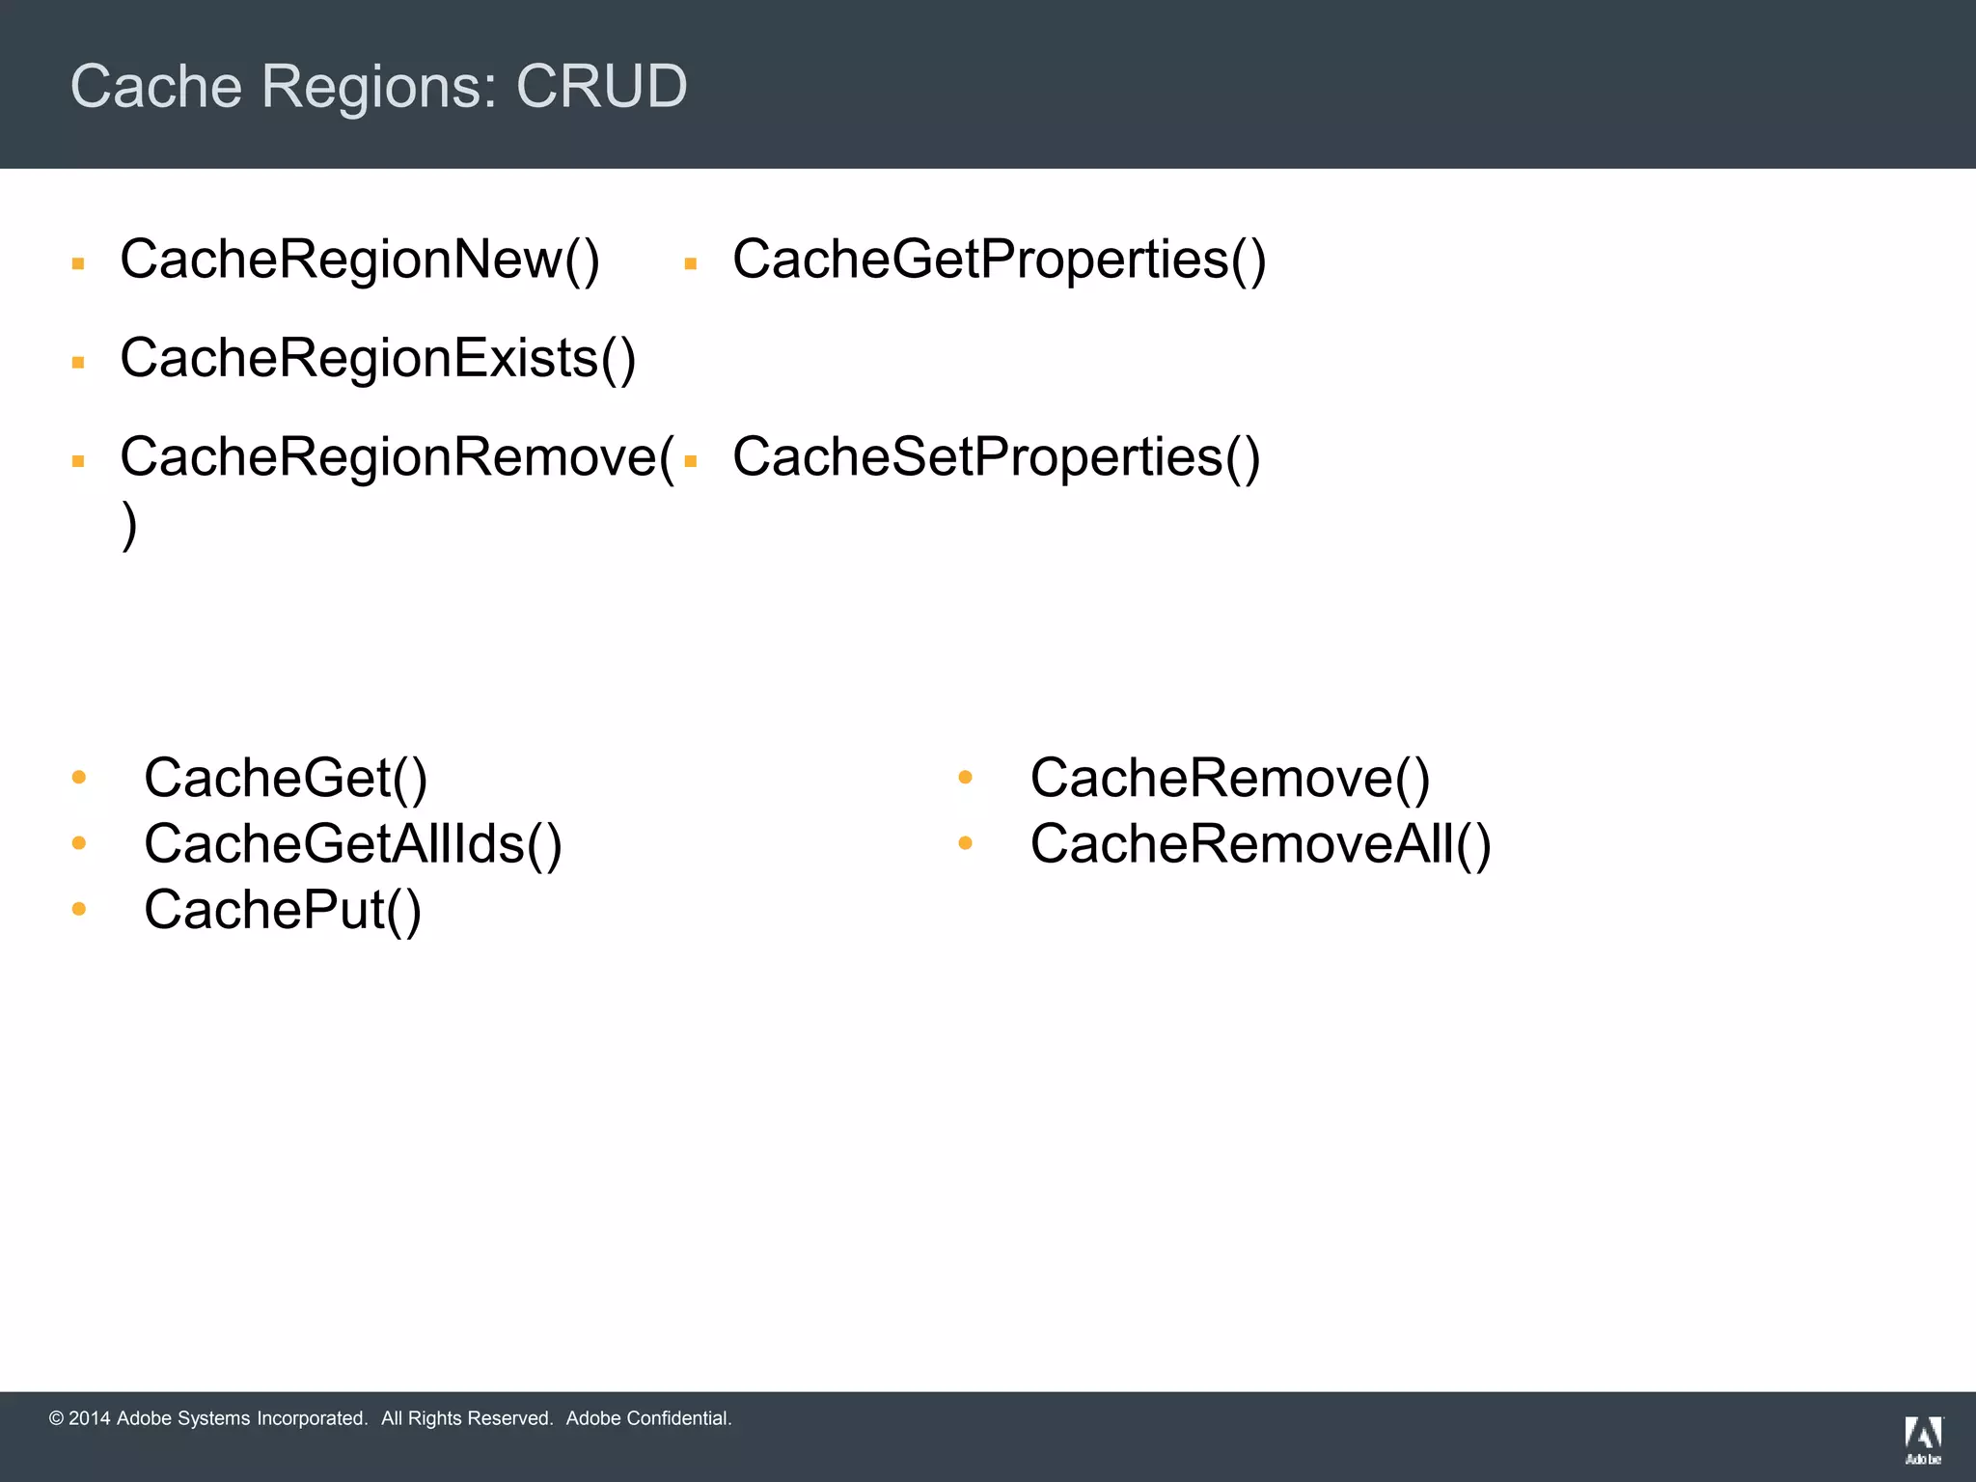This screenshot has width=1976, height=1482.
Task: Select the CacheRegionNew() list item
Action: (359, 260)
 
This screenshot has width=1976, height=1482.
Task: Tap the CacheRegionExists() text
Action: (377, 359)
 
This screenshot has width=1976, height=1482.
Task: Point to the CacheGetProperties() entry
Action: (999, 260)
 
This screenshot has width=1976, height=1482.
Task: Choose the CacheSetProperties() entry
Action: (996, 457)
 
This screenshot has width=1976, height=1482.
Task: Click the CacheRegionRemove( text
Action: (396, 457)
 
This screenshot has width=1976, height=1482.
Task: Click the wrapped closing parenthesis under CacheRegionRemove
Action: (129, 526)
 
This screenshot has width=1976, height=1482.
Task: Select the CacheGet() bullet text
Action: (285, 778)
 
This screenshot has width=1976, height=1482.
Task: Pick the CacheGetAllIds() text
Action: (352, 844)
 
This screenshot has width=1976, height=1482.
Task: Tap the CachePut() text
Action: (282, 910)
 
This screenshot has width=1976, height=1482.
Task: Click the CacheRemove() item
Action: (1229, 778)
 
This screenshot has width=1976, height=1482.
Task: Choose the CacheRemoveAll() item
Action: (1260, 844)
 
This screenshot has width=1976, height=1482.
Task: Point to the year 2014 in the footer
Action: (89, 1418)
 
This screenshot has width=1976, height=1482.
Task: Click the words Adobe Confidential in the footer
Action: (648, 1418)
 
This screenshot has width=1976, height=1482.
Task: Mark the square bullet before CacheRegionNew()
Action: (78, 264)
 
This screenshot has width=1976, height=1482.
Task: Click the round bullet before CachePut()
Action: (79, 909)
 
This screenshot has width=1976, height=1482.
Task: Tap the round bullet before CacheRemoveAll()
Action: (965, 843)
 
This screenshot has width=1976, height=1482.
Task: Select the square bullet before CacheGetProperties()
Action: (690, 264)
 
